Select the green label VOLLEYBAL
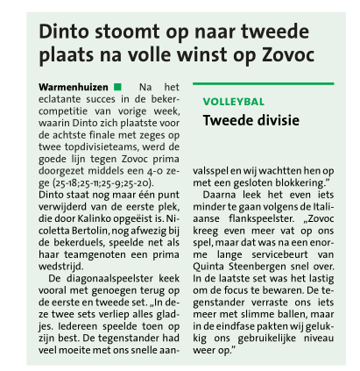(x=233, y=102)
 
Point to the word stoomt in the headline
(x=123, y=32)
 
